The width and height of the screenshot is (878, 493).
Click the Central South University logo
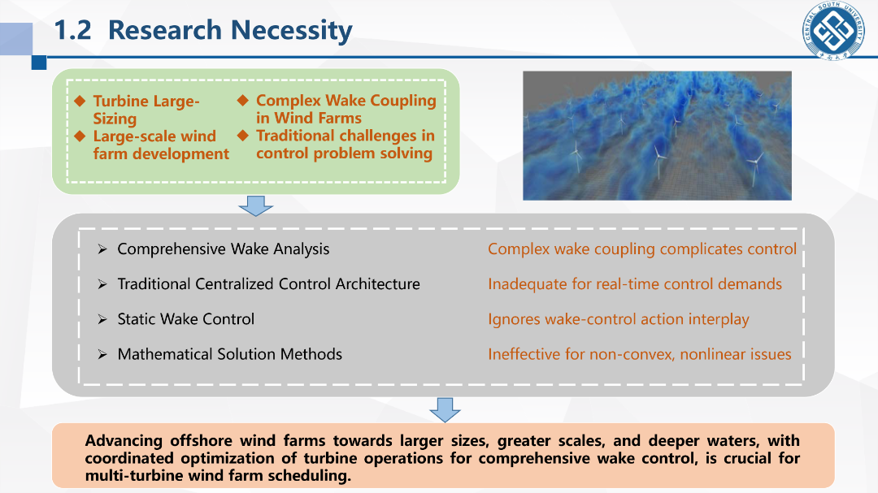834,30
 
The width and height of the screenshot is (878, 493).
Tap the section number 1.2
73,30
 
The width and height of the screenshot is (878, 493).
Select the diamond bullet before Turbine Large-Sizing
80,101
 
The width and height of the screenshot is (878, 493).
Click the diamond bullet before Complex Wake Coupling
242,100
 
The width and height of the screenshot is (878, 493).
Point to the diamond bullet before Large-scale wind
80,136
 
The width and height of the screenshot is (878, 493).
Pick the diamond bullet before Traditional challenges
242,136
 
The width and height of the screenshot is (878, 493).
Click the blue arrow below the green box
256,205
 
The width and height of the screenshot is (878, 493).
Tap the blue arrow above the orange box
446,409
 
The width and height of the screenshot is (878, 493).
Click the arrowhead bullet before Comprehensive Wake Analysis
102,249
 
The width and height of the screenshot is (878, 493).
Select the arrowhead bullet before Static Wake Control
102,319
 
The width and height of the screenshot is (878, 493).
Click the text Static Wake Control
186,319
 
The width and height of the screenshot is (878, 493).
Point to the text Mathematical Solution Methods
229,354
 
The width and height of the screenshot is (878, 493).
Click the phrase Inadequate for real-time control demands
635,284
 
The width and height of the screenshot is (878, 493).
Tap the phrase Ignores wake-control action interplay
618,319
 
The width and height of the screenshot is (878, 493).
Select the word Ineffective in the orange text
523,354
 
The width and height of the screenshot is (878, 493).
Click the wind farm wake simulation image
658,136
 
